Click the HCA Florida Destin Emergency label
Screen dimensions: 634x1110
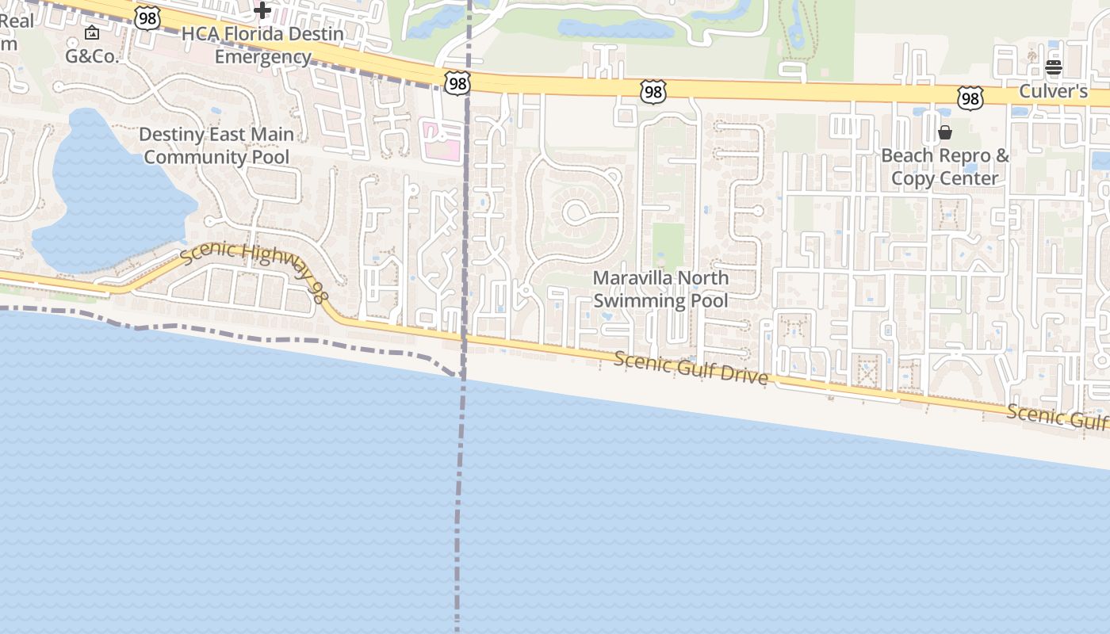pyautogui.click(x=262, y=45)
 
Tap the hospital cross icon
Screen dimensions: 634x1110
pyautogui.click(x=262, y=10)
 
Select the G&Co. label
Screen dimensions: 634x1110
pyautogui.click(x=92, y=56)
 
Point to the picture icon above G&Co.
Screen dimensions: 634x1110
pyautogui.click(x=92, y=32)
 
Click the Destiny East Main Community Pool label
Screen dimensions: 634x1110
pyautogui.click(x=216, y=146)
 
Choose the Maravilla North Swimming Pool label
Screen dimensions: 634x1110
pyautogui.click(x=660, y=289)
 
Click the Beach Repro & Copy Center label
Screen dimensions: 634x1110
pyautogui.click(x=945, y=166)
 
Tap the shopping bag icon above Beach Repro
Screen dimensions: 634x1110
pyautogui.click(x=945, y=132)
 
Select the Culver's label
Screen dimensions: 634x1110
pyautogui.click(x=1053, y=91)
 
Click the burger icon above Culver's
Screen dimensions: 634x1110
pyautogui.click(x=1053, y=67)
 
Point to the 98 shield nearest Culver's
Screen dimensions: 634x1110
pyautogui.click(x=970, y=98)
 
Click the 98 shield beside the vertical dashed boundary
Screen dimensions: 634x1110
pyautogui.click(x=457, y=83)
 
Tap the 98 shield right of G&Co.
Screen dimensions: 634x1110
pyautogui.click(x=147, y=18)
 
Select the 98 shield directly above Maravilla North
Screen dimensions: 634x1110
pyautogui.click(x=653, y=93)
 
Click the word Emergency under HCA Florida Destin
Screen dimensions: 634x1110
pyautogui.click(x=262, y=57)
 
